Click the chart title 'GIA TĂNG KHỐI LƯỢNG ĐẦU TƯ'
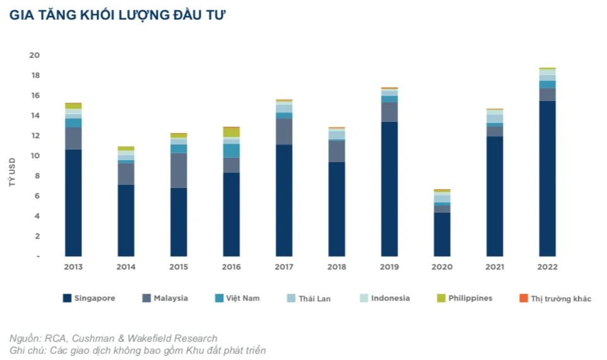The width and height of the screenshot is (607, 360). coord(117,16)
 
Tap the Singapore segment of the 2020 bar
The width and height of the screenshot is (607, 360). coord(442,234)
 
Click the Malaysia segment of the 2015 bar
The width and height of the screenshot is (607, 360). coord(179,170)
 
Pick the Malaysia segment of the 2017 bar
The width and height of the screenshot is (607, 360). coord(284,131)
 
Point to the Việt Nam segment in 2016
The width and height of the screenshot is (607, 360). coord(231,151)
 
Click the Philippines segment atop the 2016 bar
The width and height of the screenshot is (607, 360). coord(231,132)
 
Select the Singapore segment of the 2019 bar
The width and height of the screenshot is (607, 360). coord(389,189)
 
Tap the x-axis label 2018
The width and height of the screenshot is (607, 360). coord(336,267)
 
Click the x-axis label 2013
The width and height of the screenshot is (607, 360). coord(73,267)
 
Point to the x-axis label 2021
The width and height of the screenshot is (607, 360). coord(494,267)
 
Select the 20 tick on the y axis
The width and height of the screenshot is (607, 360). coord(34,55)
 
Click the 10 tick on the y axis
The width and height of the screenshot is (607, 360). coord(34,156)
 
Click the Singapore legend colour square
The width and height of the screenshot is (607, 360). coord(67,298)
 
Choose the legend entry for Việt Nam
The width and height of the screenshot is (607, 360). coord(237,298)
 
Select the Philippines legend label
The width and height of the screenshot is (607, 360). coord(470,298)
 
